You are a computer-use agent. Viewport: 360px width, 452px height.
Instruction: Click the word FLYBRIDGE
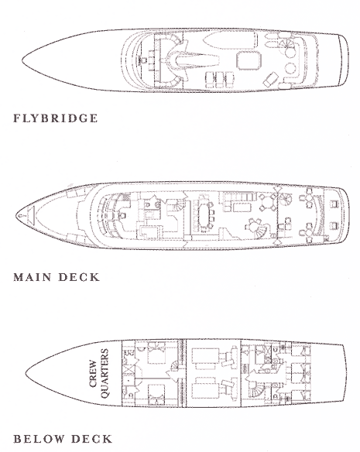click(x=56, y=118)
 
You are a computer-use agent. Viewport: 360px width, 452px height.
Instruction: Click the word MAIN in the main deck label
click(x=33, y=277)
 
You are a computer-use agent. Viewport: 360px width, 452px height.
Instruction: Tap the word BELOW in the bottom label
click(x=39, y=439)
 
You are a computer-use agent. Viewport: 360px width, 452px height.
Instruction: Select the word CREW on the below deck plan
click(x=93, y=373)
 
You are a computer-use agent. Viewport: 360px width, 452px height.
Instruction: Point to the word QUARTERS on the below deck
click(x=105, y=373)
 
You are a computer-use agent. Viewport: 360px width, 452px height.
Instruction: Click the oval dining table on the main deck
click(x=204, y=214)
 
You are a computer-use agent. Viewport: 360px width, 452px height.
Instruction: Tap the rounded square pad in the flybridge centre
click(x=249, y=60)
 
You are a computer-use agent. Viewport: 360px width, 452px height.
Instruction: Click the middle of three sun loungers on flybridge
click(x=220, y=80)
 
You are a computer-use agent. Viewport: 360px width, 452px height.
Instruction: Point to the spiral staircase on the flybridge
click(x=286, y=45)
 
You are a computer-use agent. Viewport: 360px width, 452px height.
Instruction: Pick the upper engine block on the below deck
click(x=205, y=358)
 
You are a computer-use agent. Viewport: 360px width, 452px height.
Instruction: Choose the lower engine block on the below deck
click(x=205, y=388)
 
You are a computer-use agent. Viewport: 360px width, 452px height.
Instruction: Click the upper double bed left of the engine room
click(x=157, y=353)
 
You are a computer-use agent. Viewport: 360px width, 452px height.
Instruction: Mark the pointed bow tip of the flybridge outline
click(x=22, y=60)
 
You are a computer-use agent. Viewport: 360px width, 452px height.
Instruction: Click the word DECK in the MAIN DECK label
click(x=79, y=277)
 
